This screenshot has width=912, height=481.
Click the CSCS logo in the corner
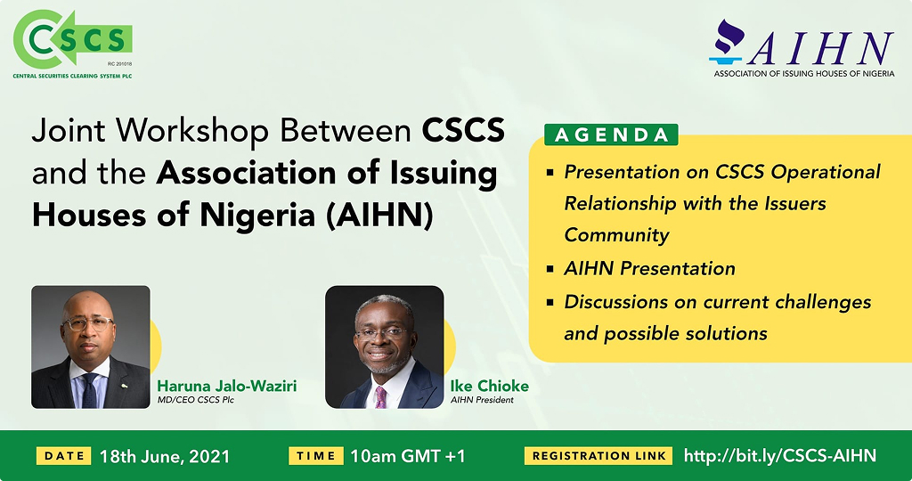click(x=73, y=44)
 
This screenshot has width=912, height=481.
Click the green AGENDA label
click(x=611, y=135)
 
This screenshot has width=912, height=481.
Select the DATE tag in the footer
click(x=64, y=456)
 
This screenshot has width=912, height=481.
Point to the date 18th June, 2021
click(x=165, y=457)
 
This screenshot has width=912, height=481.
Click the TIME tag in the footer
click(x=316, y=456)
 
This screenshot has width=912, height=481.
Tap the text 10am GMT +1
click(x=408, y=456)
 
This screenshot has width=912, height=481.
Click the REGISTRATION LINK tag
click(x=598, y=456)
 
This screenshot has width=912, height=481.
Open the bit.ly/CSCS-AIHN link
click(x=780, y=455)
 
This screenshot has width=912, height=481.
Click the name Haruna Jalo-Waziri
click(x=227, y=386)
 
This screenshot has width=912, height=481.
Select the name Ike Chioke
click(x=490, y=386)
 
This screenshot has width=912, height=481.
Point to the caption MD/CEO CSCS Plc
click(x=195, y=400)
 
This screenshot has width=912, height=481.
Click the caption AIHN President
click(x=482, y=400)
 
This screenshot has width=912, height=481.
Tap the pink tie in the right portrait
click(x=380, y=396)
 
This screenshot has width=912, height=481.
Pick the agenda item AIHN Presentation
click(x=649, y=268)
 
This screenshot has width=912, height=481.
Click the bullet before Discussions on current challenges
click(x=550, y=303)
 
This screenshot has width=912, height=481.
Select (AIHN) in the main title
click(x=379, y=216)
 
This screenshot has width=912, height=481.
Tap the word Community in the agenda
click(x=616, y=235)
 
